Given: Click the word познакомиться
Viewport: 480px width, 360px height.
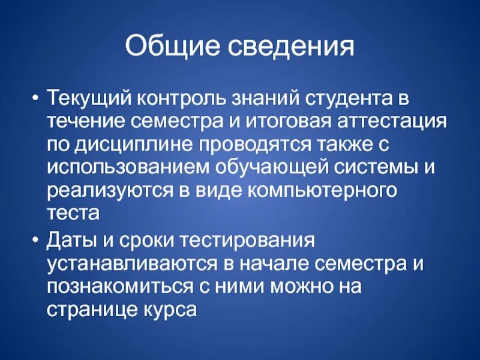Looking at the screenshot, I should coord(115,287).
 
